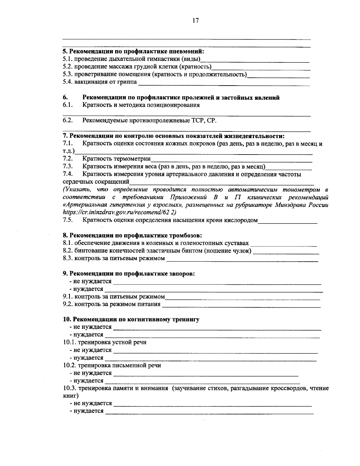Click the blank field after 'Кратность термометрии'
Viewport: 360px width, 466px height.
[x=231, y=159]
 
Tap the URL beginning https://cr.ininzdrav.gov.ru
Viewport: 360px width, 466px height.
[x=119, y=212]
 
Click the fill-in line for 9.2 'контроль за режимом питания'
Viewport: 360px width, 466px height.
[x=241, y=305]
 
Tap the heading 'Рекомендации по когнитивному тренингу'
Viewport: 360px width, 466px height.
[x=131, y=319]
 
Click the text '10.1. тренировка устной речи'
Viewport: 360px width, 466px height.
[x=105, y=342]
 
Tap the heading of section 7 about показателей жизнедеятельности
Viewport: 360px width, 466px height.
[x=173, y=136]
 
